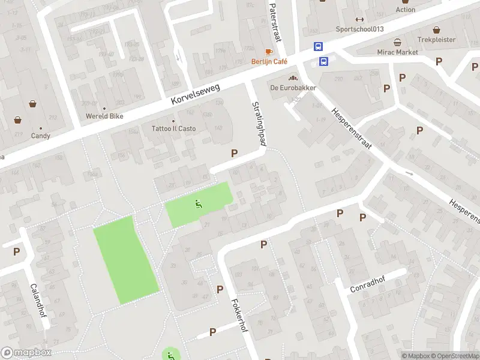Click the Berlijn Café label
pos(269,62)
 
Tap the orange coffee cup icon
pos(269,52)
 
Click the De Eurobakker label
pos(293,88)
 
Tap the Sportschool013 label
pos(359,29)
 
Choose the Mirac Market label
pos(398,52)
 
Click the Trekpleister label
pos(436,40)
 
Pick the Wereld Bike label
pos(101,115)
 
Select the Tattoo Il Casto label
pos(173,129)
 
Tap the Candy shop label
pos(41,136)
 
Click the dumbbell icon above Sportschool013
pos(359,19)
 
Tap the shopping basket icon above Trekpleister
pos(436,29)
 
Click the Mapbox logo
pos(26,353)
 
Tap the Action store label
pos(406,10)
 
